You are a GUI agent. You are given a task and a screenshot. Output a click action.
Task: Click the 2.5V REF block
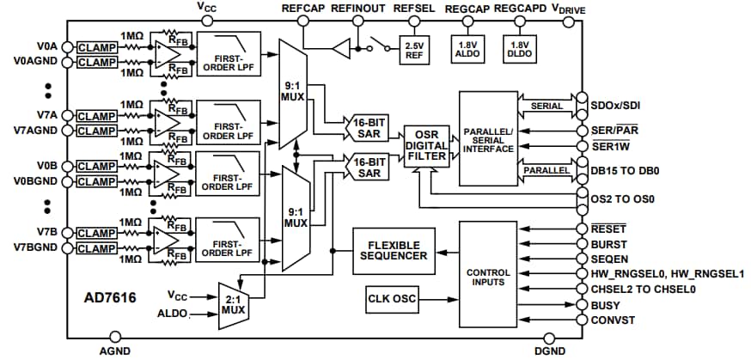pyautogui.click(x=414, y=50)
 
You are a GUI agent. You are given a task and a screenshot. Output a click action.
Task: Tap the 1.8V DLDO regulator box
pyautogui.click(x=519, y=50)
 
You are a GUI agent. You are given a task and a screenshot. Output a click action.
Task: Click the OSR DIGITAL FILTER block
pyautogui.click(x=426, y=144)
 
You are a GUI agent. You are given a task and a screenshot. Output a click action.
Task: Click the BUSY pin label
pyautogui.click(x=607, y=304)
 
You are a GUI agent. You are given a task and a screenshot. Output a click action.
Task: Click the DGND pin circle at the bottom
pyautogui.click(x=551, y=338)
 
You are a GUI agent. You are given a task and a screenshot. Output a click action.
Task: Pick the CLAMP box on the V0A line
pyautogui.click(x=97, y=46)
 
